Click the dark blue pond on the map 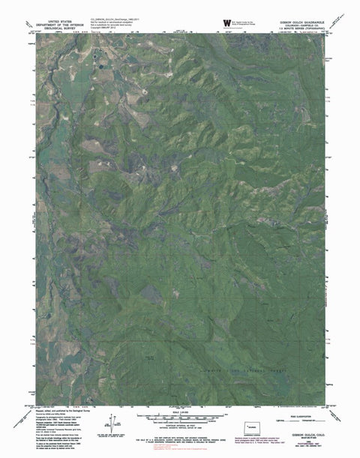coord(97,55)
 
